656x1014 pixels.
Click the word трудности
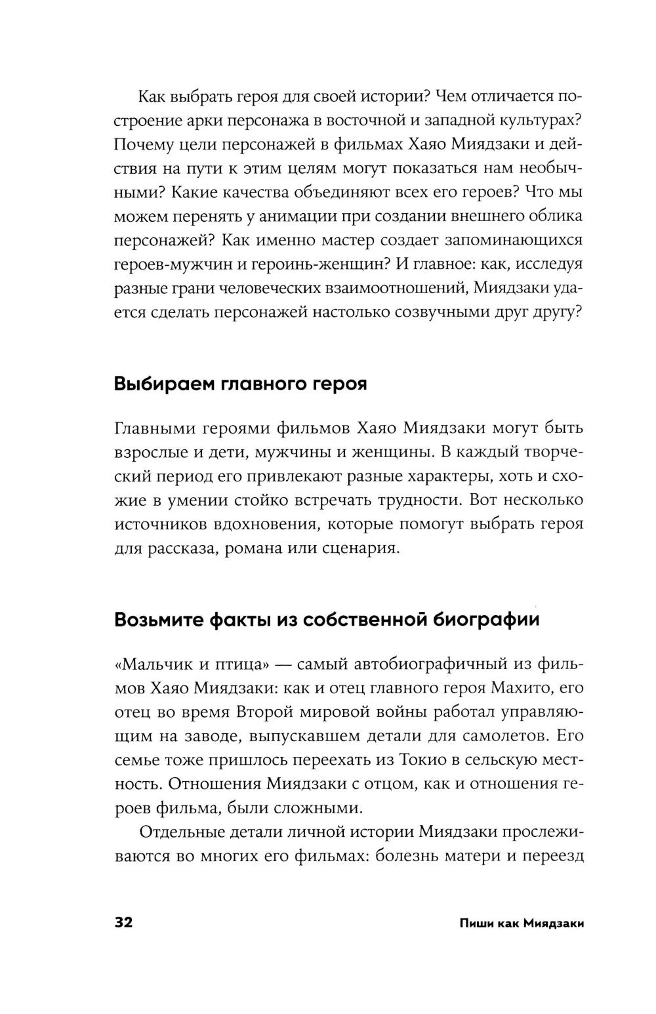point(413,500)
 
